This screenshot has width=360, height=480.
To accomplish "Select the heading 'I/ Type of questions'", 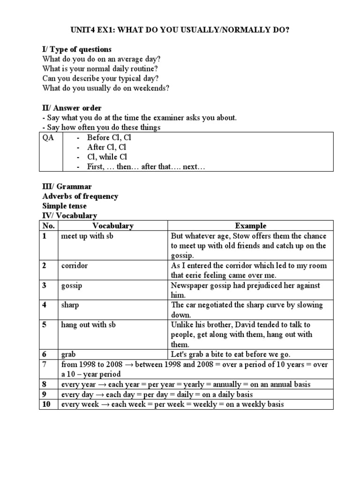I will point(77,49).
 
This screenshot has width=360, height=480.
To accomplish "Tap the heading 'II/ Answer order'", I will point(72,108).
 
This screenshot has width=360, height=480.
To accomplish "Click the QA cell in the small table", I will point(48,137).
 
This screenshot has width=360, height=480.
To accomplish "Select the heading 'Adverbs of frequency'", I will point(80,196).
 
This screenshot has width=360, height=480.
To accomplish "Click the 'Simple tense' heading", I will point(64,206).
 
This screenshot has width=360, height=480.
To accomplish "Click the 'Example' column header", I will point(250,225).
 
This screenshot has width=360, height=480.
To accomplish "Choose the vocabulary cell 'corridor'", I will point(75,265).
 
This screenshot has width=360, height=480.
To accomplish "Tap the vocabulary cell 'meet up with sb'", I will point(87,236).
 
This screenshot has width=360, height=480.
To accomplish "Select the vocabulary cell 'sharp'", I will point(70,305).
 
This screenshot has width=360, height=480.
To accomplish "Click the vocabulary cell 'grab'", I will point(68,354).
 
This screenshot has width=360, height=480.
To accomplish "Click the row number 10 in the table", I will point(46,404).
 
